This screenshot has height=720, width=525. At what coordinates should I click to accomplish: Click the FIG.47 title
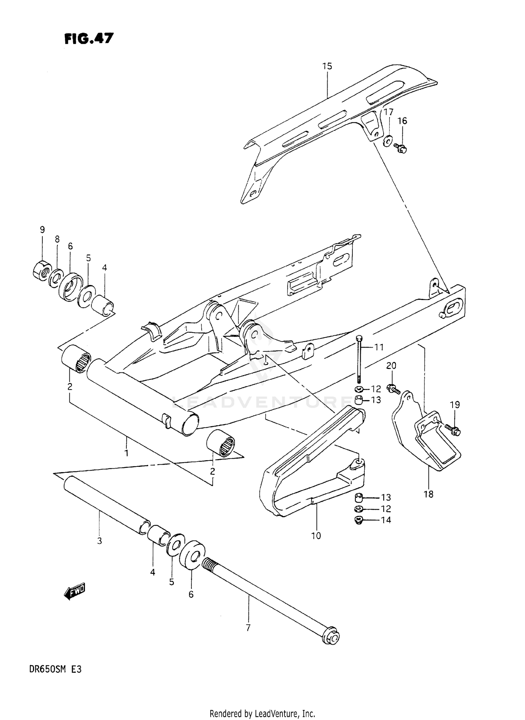pyautogui.click(x=89, y=38)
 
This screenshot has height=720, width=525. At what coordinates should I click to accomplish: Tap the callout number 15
pyautogui.click(x=327, y=66)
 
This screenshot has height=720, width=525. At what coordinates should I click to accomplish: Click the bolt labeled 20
pyautogui.click(x=393, y=388)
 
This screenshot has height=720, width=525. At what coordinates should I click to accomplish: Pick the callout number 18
pyautogui.click(x=428, y=494)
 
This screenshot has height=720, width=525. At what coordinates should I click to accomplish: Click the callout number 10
pyautogui.click(x=316, y=535)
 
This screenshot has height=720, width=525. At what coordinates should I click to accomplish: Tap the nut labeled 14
pyautogui.click(x=359, y=520)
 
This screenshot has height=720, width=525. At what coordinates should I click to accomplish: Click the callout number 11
pyautogui.click(x=379, y=347)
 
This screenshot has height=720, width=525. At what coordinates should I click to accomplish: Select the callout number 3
pyautogui.click(x=99, y=541)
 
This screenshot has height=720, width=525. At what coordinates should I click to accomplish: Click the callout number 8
pyautogui.click(x=57, y=240)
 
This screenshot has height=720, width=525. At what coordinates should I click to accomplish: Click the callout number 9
pyautogui.click(x=42, y=230)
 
